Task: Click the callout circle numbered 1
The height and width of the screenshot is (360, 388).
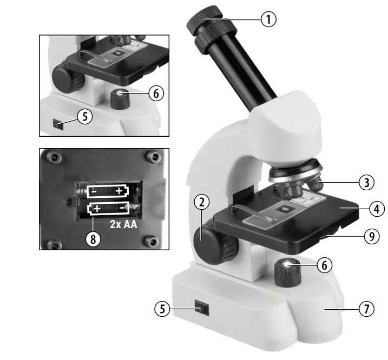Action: click(268, 20)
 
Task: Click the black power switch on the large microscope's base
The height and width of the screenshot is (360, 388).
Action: click(202, 309)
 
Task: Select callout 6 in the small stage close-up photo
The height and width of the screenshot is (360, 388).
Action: click(155, 94)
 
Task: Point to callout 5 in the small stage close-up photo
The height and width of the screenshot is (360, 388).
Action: click(85, 117)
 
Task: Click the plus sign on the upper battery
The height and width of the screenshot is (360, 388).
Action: click(119, 191)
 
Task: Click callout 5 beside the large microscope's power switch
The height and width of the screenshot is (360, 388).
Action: click(161, 309)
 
